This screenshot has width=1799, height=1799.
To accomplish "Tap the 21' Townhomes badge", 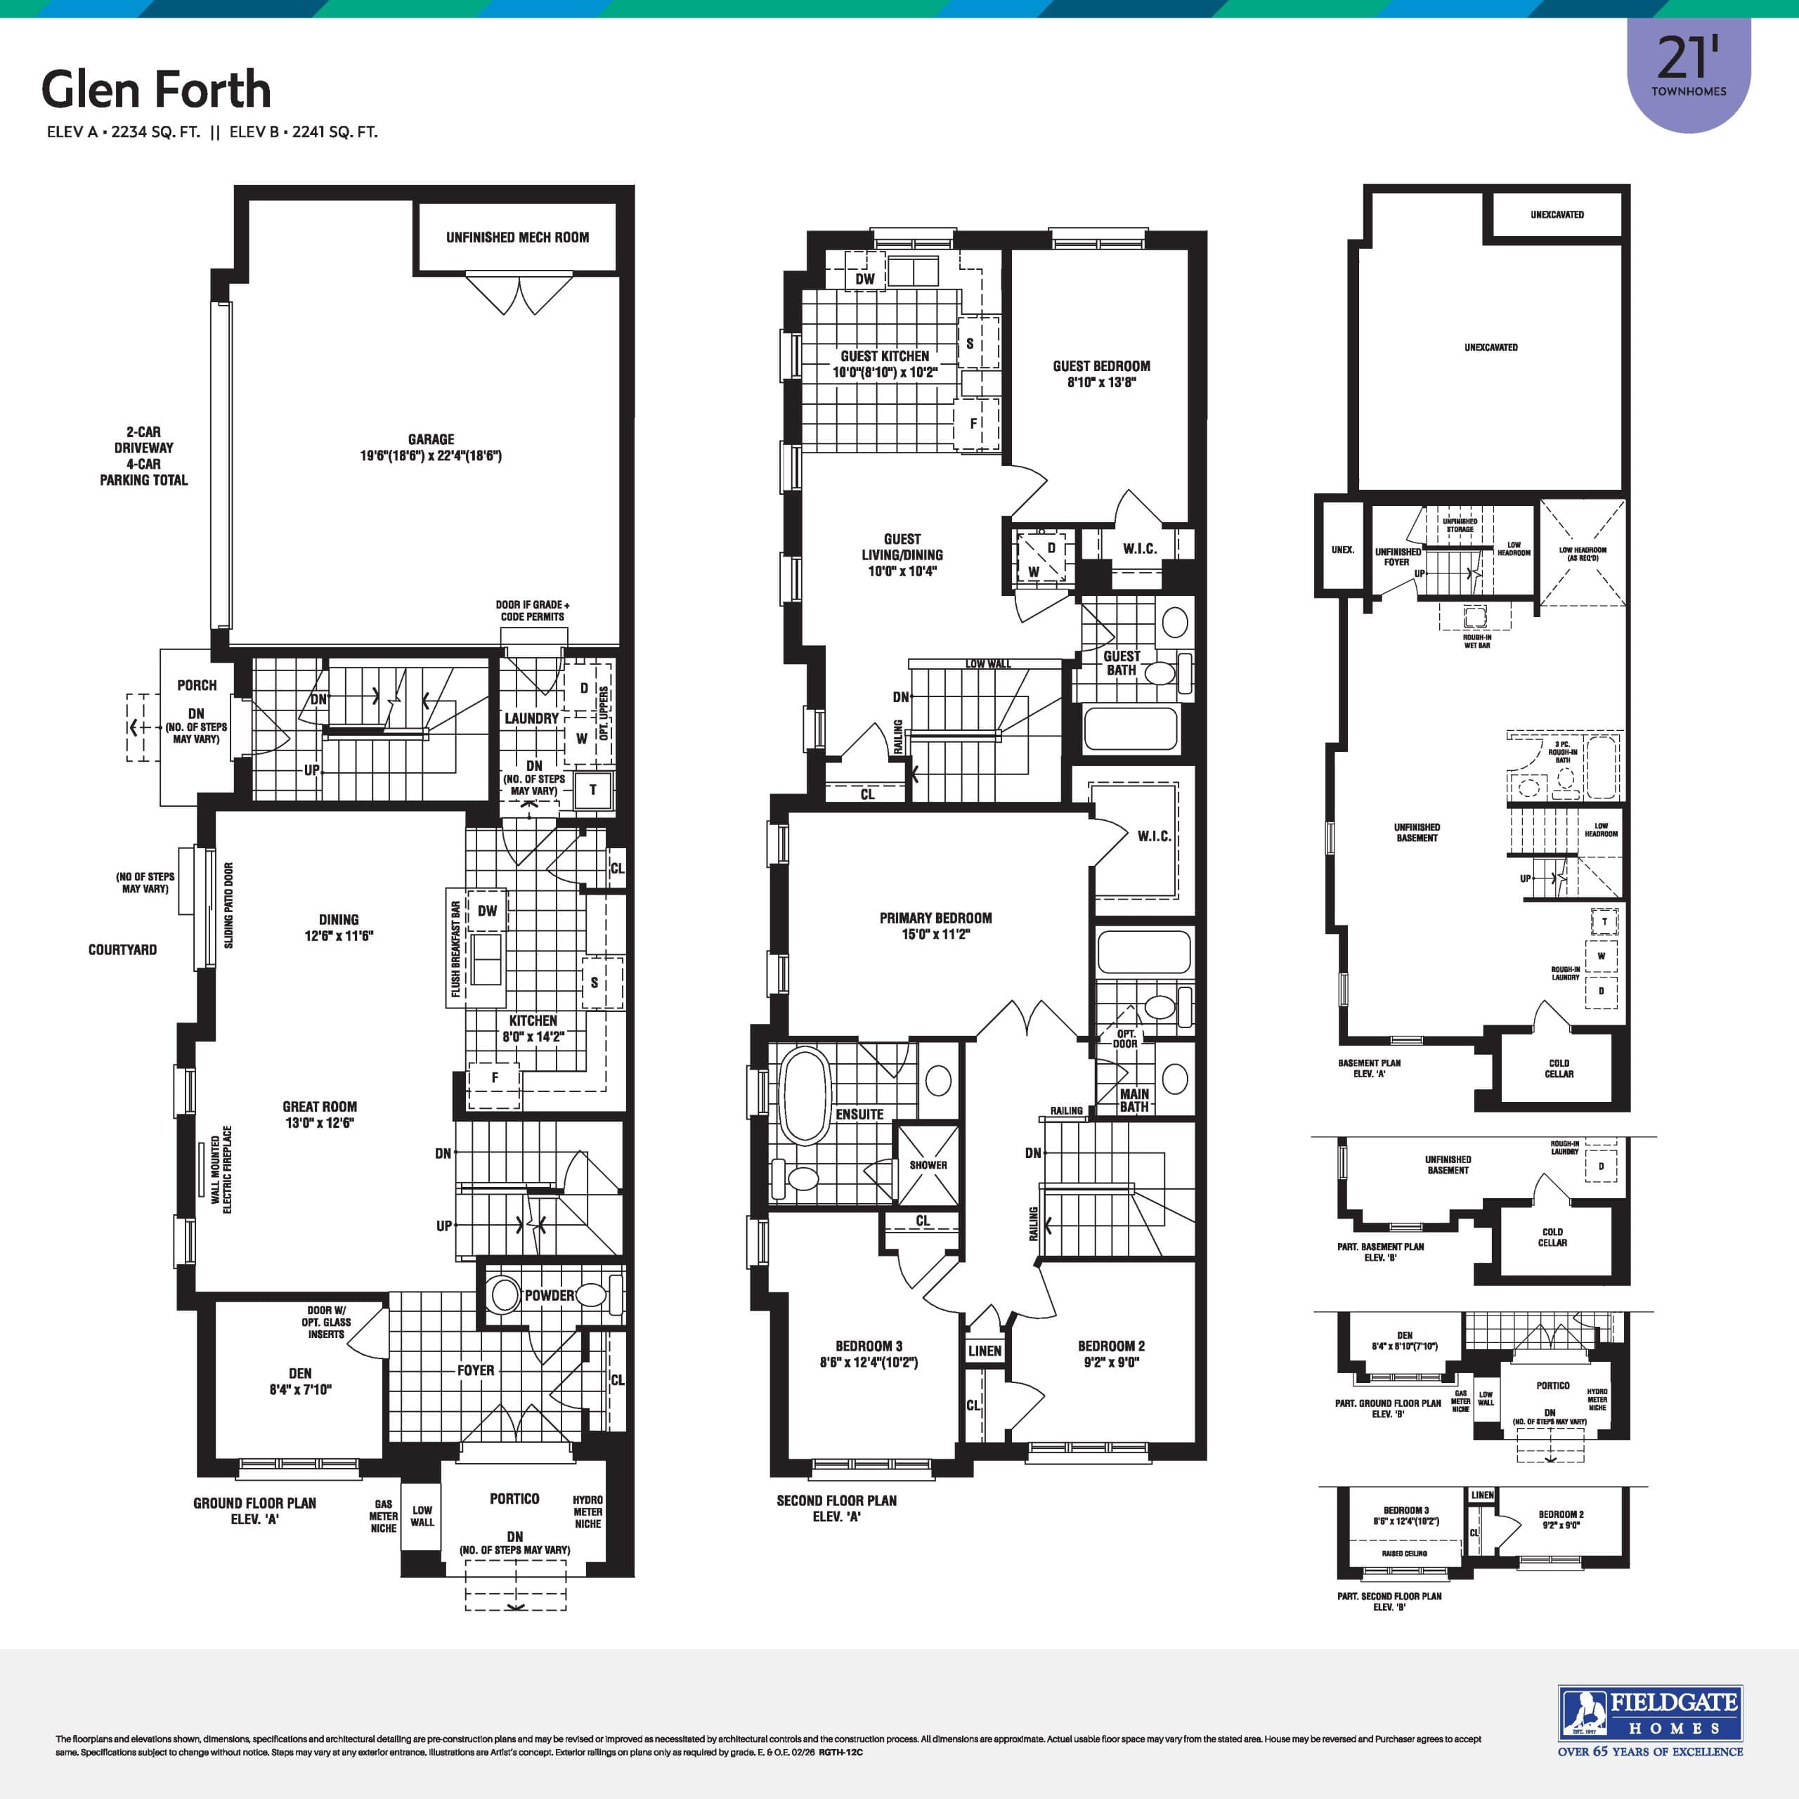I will (x=1688, y=70).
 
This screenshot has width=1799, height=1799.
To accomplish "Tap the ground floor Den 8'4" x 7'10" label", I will (x=300, y=1381).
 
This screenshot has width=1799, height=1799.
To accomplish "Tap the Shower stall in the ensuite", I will (x=928, y=1165).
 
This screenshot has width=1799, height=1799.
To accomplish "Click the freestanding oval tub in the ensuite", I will (x=804, y=1096).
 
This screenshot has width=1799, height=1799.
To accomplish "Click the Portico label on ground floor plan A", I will (x=514, y=1498).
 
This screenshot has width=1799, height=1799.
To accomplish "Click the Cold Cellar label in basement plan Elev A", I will (x=1559, y=1068).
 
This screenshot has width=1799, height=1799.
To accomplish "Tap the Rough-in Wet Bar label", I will (x=1477, y=641).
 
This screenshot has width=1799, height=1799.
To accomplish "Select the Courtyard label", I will (x=122, y=950).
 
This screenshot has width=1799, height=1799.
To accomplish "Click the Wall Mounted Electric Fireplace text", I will (x=221, y=1169).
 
